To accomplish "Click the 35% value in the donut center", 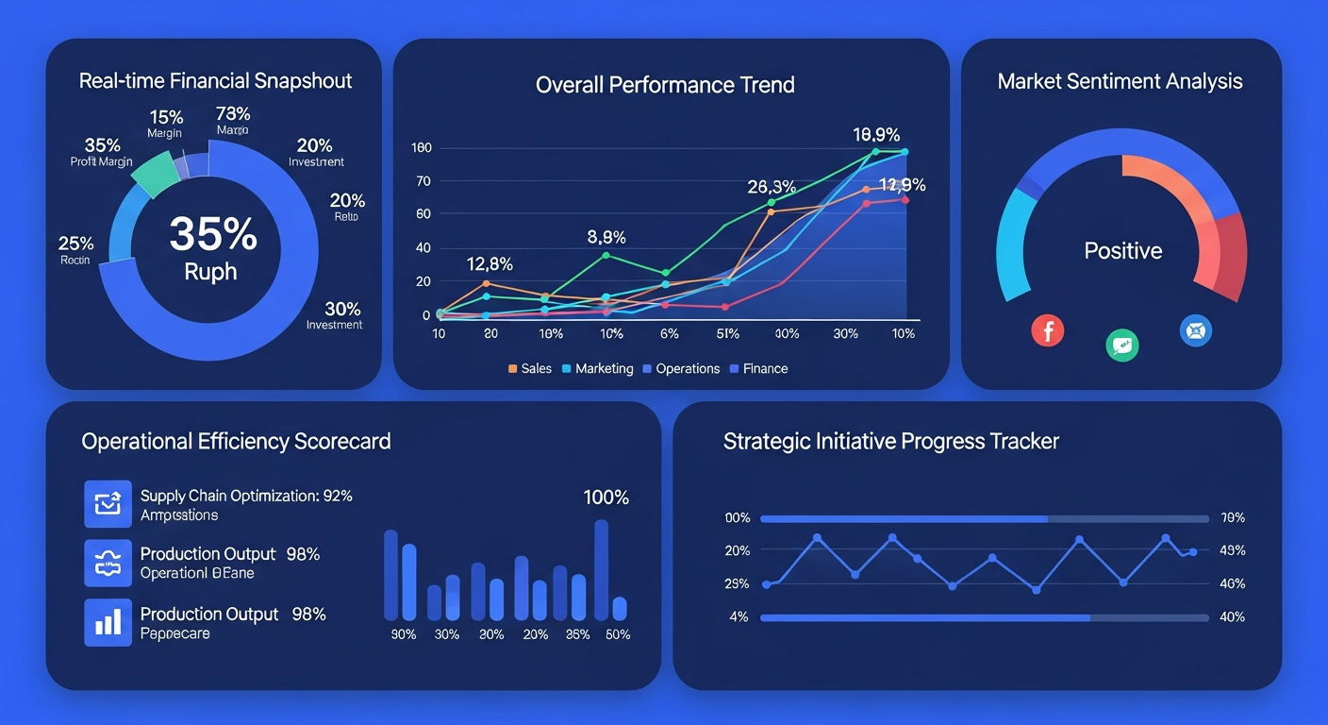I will click(213, 233).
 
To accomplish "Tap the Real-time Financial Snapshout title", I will click(215, 81).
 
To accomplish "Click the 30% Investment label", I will click(335, 315).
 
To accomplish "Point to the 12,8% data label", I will click(490, 264).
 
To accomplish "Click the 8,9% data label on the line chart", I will click(606, 238).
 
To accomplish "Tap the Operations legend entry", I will click(680, 368).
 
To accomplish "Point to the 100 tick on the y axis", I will click(421, 148).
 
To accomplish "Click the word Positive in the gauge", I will click(1122, 251).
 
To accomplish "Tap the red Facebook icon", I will click(1047, 330).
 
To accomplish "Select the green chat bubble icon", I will click(1121, 346).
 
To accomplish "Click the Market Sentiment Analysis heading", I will click(1120, 81).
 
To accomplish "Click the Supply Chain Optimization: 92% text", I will click(245, 496).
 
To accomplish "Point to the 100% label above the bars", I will click(606, 497).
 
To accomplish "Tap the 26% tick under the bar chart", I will click(576, 634).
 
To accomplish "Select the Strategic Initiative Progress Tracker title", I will click(890, 441).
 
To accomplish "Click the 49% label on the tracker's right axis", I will click(1232, 550).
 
